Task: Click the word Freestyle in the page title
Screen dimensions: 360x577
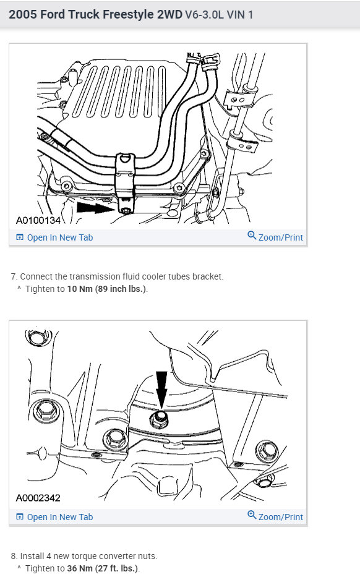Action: click(128, 14)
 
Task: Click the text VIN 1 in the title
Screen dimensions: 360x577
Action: click(239, 15)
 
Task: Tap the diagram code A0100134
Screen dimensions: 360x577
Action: click(38, 220)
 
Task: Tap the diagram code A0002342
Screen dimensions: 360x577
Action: click(38, 498)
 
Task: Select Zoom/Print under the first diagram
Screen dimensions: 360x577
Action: click(280, 237)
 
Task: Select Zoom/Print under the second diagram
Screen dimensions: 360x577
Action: click(280, 517)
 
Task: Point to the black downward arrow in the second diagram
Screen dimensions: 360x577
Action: click(161, 390)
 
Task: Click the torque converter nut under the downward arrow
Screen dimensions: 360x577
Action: click(160, 419)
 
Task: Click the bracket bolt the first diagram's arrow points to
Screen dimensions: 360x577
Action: click(126, 211)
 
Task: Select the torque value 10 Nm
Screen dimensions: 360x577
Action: click(80, 289)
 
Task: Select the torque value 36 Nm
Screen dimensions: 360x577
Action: click(80, 568)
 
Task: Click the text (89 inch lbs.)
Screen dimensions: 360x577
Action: click(121, 289)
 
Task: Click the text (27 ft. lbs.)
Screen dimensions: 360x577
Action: click(117, 568)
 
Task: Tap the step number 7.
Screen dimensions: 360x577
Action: click(14, 276)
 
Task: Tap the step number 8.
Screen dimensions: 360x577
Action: click(14, 555)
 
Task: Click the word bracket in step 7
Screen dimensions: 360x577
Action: click(210, 276)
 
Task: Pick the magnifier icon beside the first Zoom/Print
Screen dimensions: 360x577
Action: click(252, 236)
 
